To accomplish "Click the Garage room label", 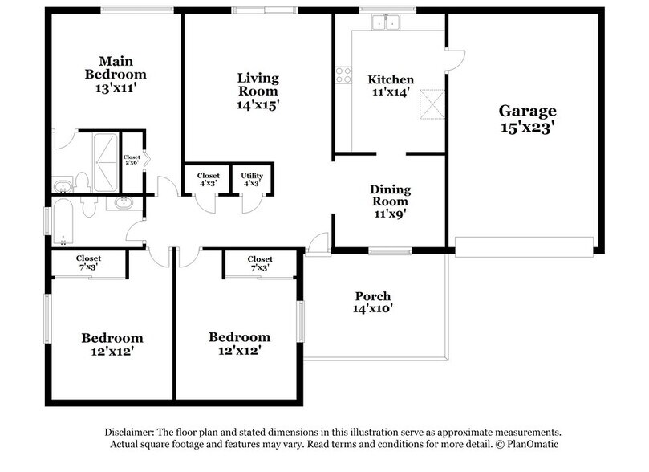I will click(x=527, y=111).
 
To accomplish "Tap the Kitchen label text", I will click(x=391, y=79).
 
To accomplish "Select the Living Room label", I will click(x=258, y=84).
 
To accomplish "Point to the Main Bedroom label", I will click(x=116, y=67).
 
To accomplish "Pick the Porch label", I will click(x=373, y=296).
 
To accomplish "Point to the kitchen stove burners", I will click(x=343, y=75).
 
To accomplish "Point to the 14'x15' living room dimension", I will click(x=258, y=104).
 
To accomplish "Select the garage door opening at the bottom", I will click(x=524, y=246).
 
